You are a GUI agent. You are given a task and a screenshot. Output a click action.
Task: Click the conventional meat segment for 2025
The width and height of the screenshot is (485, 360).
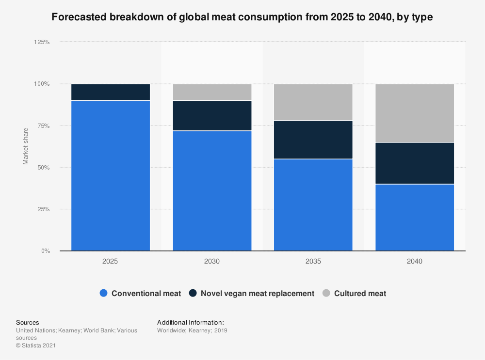111,175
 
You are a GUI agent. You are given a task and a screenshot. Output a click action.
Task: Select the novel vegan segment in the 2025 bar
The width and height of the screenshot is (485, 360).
111,92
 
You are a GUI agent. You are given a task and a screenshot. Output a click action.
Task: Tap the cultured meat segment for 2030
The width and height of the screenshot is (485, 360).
212,92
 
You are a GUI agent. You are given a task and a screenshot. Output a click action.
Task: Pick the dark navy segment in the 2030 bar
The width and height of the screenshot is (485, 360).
212,115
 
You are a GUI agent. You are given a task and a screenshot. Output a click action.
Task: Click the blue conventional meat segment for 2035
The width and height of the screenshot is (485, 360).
313,204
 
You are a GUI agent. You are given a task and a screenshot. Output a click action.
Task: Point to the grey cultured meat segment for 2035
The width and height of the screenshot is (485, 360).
313,102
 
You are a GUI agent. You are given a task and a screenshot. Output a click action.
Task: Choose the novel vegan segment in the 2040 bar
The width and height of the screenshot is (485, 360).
415,163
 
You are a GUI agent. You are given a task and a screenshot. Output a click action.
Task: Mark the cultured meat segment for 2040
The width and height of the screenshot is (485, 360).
415,113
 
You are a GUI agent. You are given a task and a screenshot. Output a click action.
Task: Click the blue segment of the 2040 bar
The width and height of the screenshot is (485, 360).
415,217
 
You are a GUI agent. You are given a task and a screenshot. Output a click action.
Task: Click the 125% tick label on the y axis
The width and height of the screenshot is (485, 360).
42,42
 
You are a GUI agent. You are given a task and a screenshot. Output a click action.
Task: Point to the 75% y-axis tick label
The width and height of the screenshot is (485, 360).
43,125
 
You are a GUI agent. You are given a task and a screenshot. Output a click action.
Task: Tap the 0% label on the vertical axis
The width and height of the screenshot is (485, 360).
45,251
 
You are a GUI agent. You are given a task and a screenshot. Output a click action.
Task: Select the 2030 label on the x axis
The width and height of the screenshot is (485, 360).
212,261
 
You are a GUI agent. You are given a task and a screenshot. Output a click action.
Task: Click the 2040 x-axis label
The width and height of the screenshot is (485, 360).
415,261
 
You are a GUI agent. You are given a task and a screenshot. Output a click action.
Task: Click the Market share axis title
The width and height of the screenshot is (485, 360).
26,146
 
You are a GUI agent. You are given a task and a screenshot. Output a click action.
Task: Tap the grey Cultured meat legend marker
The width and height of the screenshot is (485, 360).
326,293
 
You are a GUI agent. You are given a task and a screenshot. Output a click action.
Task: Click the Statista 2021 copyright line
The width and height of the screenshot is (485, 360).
37,345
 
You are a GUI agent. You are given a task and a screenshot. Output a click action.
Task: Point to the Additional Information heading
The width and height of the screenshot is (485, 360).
191,322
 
